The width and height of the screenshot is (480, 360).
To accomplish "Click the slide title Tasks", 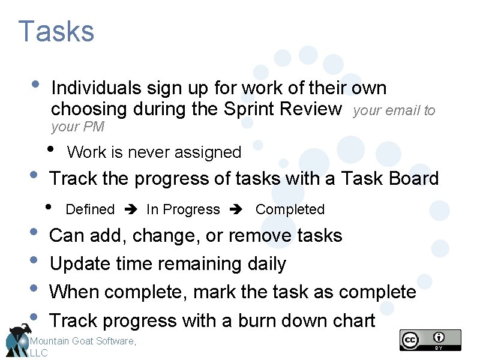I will tap(56, 31).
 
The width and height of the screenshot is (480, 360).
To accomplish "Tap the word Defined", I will tap(90, 209).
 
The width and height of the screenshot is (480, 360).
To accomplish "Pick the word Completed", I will tap(290, 209).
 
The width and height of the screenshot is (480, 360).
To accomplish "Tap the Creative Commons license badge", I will tap(430, 340).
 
